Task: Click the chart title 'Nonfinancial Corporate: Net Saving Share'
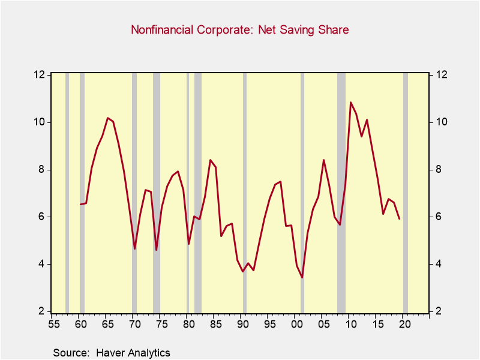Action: (240, 29)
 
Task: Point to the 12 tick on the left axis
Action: (40, 74)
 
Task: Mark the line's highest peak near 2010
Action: (351, 103)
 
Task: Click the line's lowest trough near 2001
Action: (302, 277)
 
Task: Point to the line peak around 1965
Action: (107, 118)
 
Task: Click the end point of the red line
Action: (400, 219)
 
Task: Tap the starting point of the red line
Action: (80, 205)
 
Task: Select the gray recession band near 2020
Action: (406, 192)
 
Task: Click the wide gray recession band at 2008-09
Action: (341, 192)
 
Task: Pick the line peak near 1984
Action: (210, 160)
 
